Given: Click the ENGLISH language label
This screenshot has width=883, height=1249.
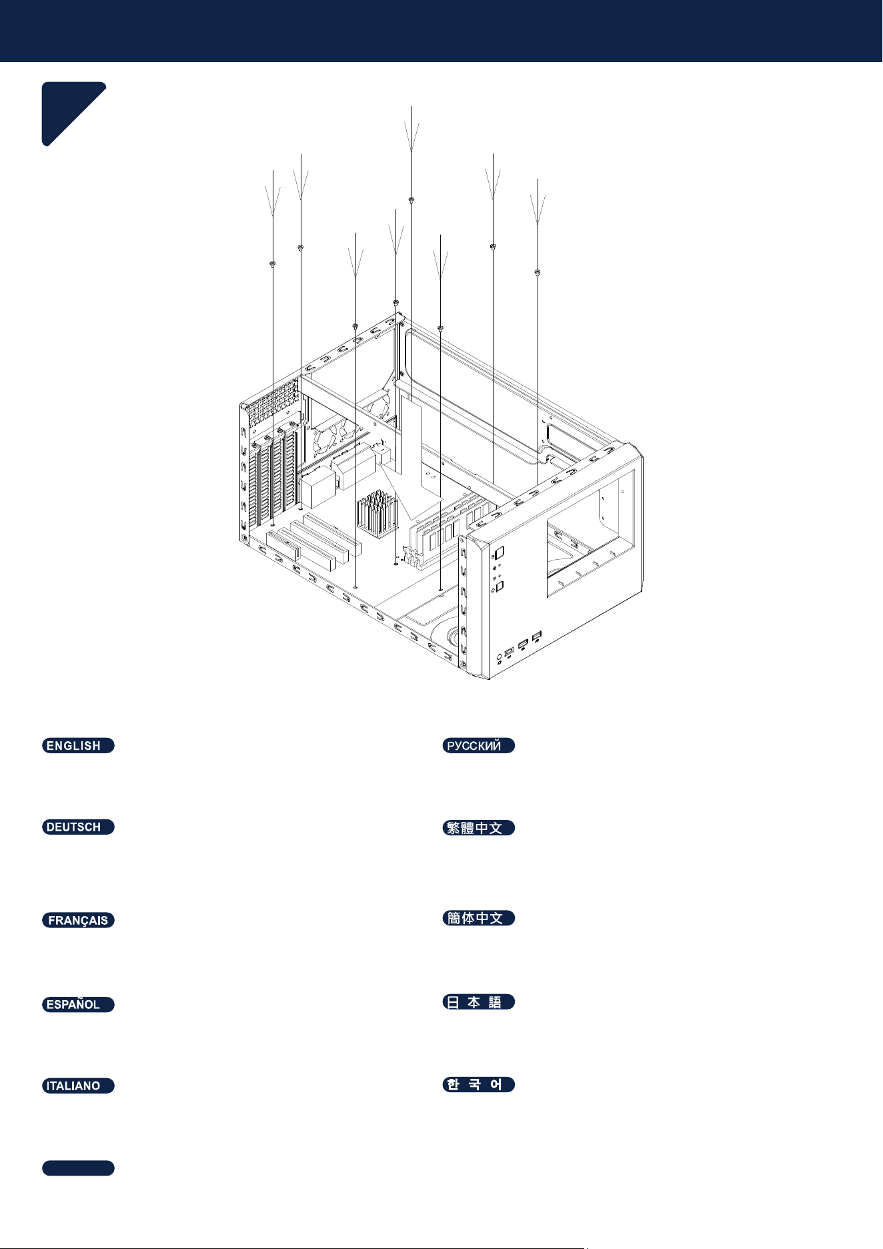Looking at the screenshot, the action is tap(78, 745).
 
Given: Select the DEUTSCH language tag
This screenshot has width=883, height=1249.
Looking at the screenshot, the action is tap(78, 827).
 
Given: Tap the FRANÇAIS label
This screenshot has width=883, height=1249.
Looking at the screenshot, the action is tap(78, 920).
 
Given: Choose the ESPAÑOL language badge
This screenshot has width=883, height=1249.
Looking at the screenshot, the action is tap(78, 1004).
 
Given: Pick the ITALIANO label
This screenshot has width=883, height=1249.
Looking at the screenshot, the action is tap(78, 1086).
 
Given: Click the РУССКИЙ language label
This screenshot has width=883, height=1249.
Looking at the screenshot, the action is tap(479, 745).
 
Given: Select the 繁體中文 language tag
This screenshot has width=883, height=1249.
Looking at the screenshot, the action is tap(479, 827).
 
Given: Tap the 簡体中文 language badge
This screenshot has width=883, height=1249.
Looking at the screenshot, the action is tap(479, 917).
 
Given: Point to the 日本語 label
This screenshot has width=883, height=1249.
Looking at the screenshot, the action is tap(479, 1001).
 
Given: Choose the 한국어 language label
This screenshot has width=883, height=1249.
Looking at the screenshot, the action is tap(479, 1084).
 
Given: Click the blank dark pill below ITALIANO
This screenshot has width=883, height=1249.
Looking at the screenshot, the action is tap(78, 1168).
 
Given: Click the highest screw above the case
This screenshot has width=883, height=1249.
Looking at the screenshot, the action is tap(411, 199).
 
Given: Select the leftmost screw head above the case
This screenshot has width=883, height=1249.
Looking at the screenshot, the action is tap(273, 265).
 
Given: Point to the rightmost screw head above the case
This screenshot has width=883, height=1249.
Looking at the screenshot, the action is tap(538, 272).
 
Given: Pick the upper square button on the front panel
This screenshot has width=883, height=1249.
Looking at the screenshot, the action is tap(500, 552).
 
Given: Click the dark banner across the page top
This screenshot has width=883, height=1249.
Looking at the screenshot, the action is tap(441, 31).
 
